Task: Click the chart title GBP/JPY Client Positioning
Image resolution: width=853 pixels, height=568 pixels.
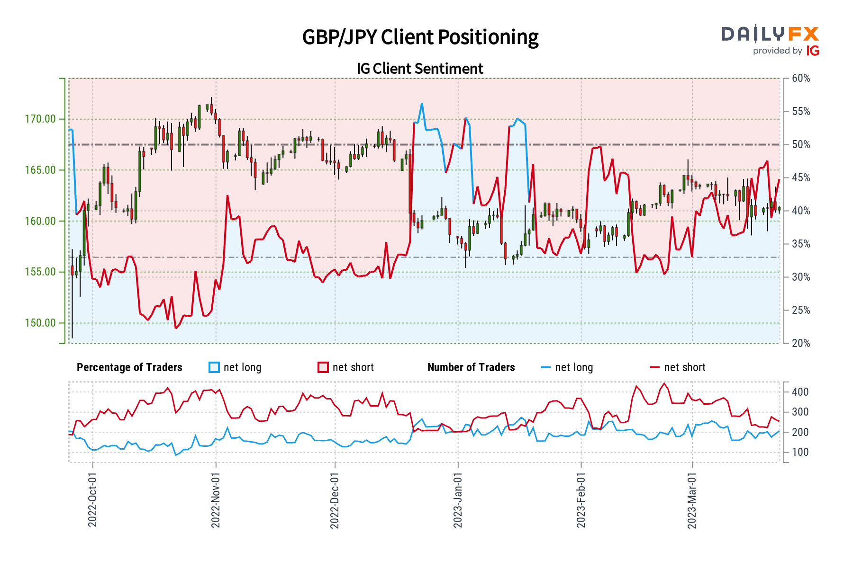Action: point(420,37)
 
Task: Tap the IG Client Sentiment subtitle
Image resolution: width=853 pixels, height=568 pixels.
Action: point(420,69)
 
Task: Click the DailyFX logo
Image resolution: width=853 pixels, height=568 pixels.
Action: point(770,34)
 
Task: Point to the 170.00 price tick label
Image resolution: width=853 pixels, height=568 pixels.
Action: point(40,119)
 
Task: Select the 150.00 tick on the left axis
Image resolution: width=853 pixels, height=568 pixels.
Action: point(40,323)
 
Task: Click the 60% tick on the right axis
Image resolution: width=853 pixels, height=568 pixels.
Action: point(801,79)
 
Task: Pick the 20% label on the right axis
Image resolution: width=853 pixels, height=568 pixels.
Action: point(801,344)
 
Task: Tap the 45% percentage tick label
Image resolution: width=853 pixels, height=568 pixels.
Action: point(801,178)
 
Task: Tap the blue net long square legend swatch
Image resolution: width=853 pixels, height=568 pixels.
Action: point(214,368)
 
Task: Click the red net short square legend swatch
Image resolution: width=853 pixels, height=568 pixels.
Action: point(323,368)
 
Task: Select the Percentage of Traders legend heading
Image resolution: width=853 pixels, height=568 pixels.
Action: point(129,368)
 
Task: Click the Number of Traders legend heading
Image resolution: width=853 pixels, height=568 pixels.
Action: point(471,368)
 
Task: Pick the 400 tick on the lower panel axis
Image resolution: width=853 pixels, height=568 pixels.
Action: point(800,392)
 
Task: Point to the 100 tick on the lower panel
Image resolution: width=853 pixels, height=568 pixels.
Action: point(800,453)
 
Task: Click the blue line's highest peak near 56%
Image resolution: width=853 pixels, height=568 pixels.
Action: point(422,104)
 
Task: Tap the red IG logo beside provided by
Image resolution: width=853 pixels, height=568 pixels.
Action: point(813,51)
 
